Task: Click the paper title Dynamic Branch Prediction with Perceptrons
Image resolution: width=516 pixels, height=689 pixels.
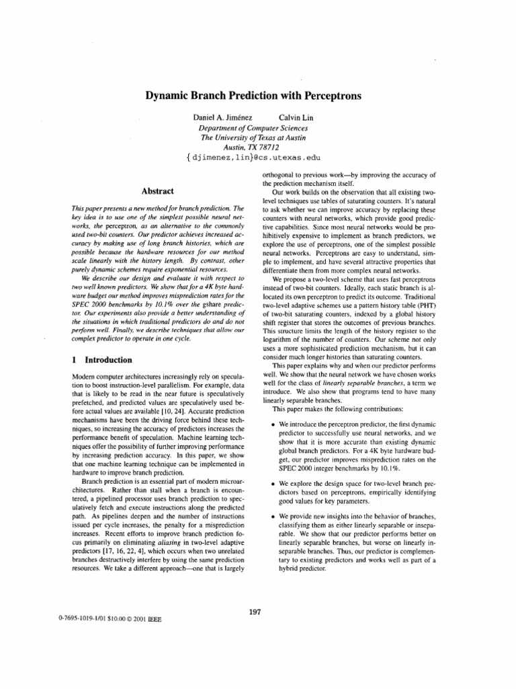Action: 253,96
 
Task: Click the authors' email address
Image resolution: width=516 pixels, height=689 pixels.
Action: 253,159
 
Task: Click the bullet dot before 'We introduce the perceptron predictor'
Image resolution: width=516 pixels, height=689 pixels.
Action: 270,427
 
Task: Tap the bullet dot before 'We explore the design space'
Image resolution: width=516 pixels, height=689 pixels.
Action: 270,483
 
